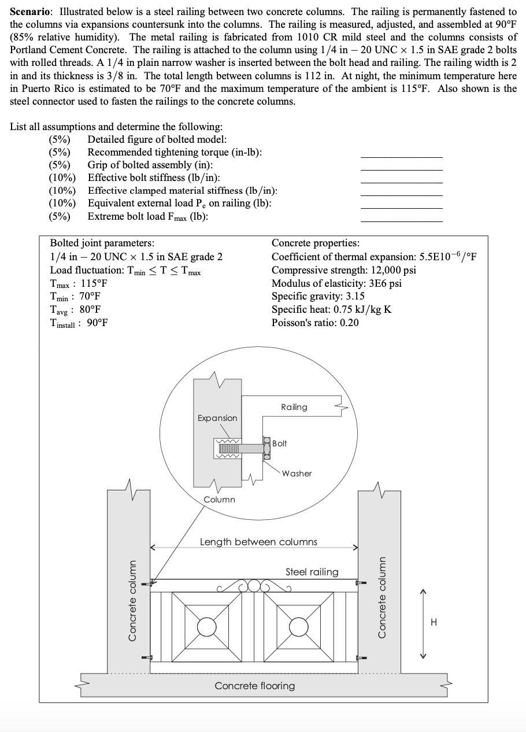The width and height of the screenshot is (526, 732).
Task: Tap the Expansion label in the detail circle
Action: (x=217, y=418)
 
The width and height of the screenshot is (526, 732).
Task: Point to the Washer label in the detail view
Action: (x=297, y=474)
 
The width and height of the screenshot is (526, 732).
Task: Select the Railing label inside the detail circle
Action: (x=294, y=407)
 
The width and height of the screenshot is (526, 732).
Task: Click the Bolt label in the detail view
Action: (x=279, y=443)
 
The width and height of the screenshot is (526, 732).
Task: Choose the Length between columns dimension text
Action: (x=258, y=542)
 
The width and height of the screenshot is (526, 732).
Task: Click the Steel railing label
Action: (x=312, y=572)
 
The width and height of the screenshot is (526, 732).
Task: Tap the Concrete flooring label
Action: (x=254, y=686)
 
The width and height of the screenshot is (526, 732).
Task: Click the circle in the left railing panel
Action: (x=206, y=626)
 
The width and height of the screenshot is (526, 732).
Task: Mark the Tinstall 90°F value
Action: (x=79, y=322)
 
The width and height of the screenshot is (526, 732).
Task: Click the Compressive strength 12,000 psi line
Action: (x=343, y=270)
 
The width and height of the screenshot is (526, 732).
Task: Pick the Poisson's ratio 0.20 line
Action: (x=314, y=322)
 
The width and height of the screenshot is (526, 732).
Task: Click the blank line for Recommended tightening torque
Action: (x=401, y=157)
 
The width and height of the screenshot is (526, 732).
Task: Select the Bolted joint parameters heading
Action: (x=102, y=243)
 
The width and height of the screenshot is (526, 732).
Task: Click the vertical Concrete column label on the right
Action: (x=381, y=597)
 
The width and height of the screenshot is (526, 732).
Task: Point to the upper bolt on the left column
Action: (x=151, y=583)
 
